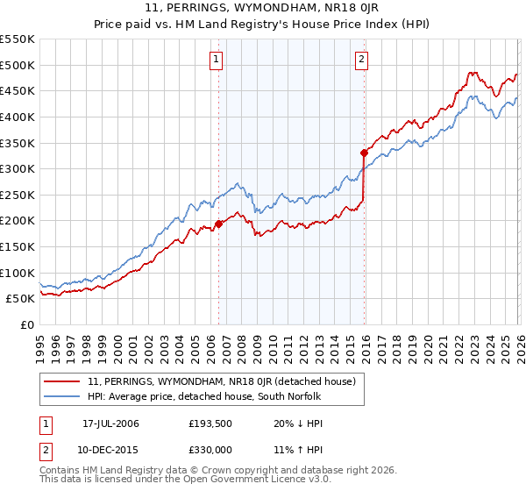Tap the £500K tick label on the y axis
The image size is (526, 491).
click(17, 65)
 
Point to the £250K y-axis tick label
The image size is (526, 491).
click(17, 195)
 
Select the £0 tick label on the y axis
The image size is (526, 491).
click(25, 324)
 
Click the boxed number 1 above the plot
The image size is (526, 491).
click(217, 60)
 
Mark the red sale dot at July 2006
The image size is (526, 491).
click(218, 224)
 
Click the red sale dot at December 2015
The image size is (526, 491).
click(364, 153)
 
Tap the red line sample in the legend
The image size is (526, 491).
click(63, 381)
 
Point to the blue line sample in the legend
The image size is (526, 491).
click(63, 397)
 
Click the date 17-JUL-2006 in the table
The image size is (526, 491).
click(110, 423)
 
